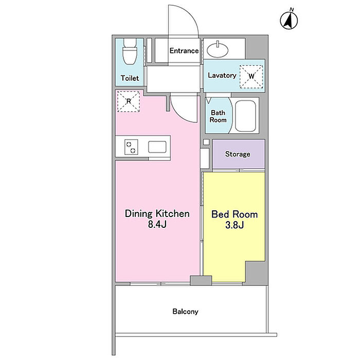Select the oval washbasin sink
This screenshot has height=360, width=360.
pyautogui.click(x=218, y=49)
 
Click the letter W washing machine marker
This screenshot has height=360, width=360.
pyautogui.click(x=251, y=76)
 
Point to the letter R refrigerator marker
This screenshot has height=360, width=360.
pyautogui.click(x=129, y=101)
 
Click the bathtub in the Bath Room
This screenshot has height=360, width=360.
pyautogui.click(x=245, y=116)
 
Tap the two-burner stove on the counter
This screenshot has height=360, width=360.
pyautogui.click(x=131, y=147)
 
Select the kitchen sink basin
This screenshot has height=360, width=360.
pyautogui.click(x=157, y=147)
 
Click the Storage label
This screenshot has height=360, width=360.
pyautogui.click(x=238, y=154)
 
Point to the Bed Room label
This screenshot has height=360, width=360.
pyautogui.click(x=235, y=214)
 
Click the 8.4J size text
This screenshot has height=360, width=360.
pyautogui.click(x=157, y=224)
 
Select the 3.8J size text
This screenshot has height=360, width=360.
pyautogui.click(x=235, y=225)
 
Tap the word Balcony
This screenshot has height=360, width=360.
pyautogui.click(x=185, y=312)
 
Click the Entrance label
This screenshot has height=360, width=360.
pyautogui.click(x=184, y=50)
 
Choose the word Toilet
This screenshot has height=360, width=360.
pyautogui.click(x=130, y=78)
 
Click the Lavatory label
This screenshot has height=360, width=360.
pyautogui.click(x=222, y=75)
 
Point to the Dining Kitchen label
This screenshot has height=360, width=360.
pyautogui.click(x=157, y=214)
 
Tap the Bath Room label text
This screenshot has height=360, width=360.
pyautogui.click(x=218, y=116)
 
